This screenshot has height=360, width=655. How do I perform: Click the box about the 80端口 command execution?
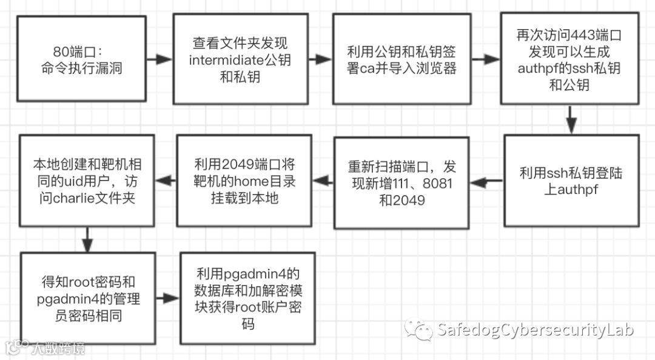click(x=81, y=59)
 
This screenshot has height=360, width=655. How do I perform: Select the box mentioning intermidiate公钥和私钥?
click(x=240, y=59)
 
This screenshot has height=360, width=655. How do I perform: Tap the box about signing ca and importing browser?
click(x=401, y=59)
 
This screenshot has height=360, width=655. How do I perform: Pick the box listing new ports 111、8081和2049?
click(x=401, y=182)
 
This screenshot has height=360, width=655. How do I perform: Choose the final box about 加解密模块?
click(x=247, y=299)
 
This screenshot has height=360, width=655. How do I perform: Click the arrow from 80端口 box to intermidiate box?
click(x=160, y=59)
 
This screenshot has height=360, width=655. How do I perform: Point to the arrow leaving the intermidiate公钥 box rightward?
click(x=320, y=59)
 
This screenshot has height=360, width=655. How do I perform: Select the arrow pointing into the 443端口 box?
click(x=485, y=59)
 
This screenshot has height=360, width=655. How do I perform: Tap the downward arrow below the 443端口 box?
click(x=570, y=119)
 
